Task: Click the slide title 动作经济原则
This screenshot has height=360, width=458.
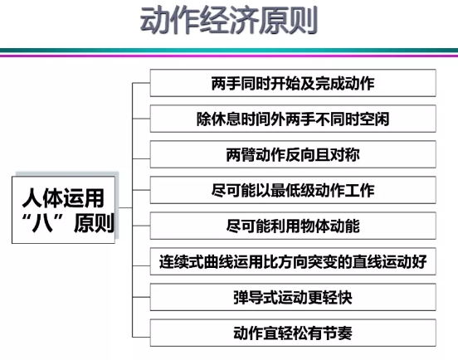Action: tap(229, 21)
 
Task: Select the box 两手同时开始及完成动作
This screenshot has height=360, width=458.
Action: tap(293, 83)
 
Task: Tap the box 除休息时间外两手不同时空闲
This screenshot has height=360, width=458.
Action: tap(293, 119)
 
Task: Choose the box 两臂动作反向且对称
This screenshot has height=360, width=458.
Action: tap(293, 154)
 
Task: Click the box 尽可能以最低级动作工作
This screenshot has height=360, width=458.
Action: tap(293, 190)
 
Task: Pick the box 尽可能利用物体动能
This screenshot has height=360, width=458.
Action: tap(293, 226)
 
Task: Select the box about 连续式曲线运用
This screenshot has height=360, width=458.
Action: tap(293, 261)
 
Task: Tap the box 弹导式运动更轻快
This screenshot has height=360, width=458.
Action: tap(293, 297)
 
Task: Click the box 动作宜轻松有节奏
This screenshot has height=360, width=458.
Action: tap(293, 333)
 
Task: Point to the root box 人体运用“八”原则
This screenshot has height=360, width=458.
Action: tap(63, 210)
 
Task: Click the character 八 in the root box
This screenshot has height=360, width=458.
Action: tap(42, 223)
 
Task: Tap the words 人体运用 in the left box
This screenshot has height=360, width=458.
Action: tap(63, 197)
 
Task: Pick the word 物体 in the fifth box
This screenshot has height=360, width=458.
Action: tap(315, 226)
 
